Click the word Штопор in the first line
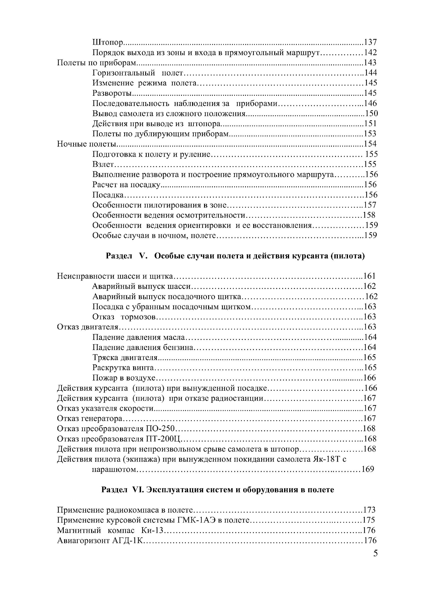point(108,42)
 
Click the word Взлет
point(103,164)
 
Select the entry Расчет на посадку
point(126,185)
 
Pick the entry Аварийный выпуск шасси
point(142,286)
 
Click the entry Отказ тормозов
point(124,317)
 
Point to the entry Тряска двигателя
point(125,357)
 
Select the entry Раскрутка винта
point(123,367)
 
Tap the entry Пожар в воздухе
point(124,378)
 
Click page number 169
point(368,469)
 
